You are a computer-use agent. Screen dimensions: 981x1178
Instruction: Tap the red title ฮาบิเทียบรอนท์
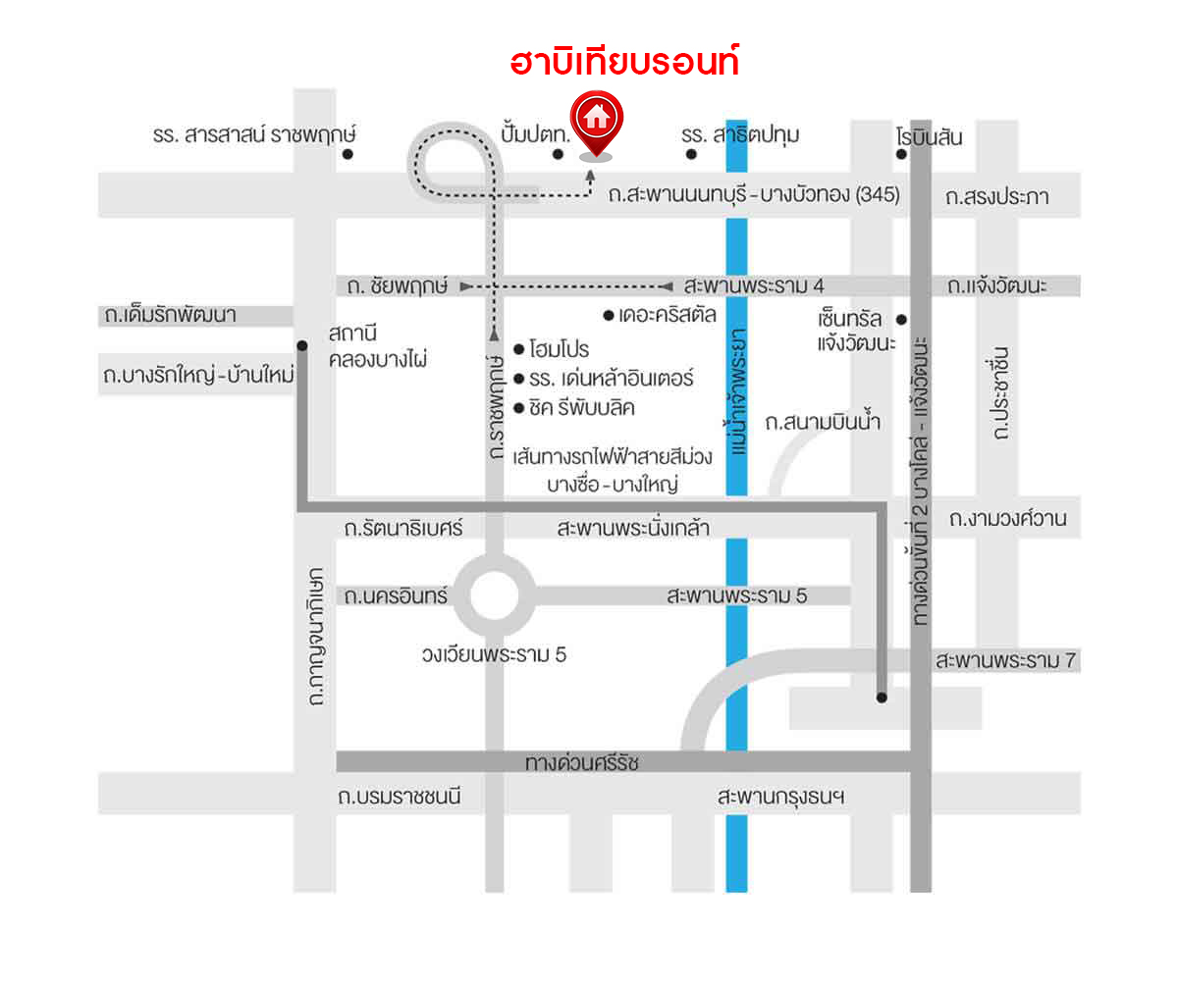[x=623, y=63]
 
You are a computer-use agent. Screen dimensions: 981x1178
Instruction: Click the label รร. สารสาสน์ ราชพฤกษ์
[x=254, y=134]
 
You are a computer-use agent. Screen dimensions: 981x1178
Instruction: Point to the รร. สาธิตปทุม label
[x=740, y=134]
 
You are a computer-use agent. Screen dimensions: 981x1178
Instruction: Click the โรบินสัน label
[x=929, y=136]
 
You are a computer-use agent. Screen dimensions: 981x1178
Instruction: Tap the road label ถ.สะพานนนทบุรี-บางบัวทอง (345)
[x=753, y=194]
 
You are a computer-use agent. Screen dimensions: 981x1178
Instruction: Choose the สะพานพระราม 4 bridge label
[x=753, y=285]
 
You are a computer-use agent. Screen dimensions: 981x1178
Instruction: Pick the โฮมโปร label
[x=559, y=349]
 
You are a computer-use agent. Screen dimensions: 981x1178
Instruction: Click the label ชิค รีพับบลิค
[x=581, y=406]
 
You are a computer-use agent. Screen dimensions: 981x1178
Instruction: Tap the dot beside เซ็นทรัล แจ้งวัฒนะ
[x=900, y=319]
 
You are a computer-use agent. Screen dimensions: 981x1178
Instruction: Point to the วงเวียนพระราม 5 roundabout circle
[x=494, y=594]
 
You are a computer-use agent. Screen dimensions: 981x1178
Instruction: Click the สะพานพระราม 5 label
[x=736, y=594]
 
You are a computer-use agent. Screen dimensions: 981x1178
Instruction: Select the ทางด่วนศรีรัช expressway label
[x=581, y=762]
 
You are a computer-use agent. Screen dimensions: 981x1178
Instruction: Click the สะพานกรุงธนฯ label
[x=780, y=797]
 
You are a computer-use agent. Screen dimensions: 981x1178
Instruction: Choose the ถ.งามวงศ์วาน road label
[x=1007, y=518]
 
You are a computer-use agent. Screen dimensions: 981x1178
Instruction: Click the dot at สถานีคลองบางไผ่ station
[x=302, y=345]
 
